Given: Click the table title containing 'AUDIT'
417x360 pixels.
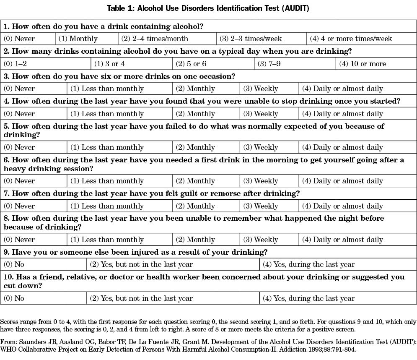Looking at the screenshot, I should tap(208, 8).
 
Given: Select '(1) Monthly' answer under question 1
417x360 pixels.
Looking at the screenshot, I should tap(78, 39).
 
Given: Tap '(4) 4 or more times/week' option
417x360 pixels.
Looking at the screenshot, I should tap(351, 39).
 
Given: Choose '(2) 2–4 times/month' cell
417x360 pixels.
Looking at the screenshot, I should tap(155, 39).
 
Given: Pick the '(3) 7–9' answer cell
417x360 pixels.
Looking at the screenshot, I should tap(269, 64).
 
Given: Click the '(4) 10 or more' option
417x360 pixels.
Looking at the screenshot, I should tap(363, 64).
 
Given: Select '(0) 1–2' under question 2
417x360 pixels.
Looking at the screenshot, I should tap(15, 64).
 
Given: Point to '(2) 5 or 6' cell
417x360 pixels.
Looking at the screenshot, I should tap(191, 64).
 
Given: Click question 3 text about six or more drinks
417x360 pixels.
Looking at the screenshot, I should tap(119, 76).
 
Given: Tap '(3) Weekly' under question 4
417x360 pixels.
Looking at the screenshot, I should tap(261, 114).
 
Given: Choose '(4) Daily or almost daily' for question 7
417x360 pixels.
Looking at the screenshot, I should tap(342, 206).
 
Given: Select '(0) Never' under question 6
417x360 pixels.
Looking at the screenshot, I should tap(19, 181).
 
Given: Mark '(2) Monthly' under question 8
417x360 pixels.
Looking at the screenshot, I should tap(195, 240).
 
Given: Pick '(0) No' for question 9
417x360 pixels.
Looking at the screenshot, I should tap(14, 264).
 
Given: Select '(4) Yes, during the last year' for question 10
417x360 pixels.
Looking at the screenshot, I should tap(308, 298).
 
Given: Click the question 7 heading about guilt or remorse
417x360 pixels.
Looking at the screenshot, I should tap(152, 193).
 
